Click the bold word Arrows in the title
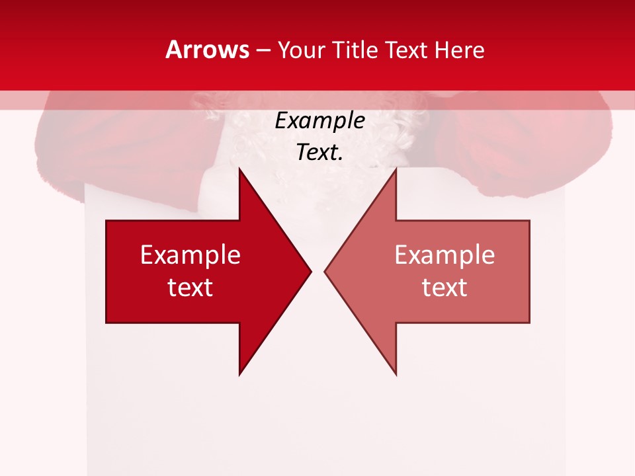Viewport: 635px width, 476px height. pyautogui.click(x=207, y=50)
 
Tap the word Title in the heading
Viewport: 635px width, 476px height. pyautogui.click(x=359, y=50)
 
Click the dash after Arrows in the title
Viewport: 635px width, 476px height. pyautogui.click(x=263, y=50)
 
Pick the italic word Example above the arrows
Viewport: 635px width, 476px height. pyautogui.click(x=320, y=120)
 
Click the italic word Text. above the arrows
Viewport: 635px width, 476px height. pyautogui.click(x=320, y=152)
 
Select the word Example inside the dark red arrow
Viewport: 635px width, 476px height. pyautogui.click(x=190, y=255)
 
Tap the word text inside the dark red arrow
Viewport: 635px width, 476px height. pyautogui.click(x=190, y=287)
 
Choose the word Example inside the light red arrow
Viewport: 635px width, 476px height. pyautogui.click(x=444, y=255)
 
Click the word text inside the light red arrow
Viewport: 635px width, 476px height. pyautogui.click(x=444, y=287)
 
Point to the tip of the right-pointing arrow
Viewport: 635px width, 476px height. pyautogui.click(x=311, y=271)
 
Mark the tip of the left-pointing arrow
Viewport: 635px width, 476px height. pyautogui.click(x=325, y=271)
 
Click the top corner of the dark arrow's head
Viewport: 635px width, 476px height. pyautogui.click(x=239, y=168)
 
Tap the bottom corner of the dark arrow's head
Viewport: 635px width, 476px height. pyautogui.click(x=239, y=374)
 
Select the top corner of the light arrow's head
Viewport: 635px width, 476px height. pyautogui.click(x=396, y=168)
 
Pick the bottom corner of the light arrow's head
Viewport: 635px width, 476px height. pyautogui.click(x=396, y=374)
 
